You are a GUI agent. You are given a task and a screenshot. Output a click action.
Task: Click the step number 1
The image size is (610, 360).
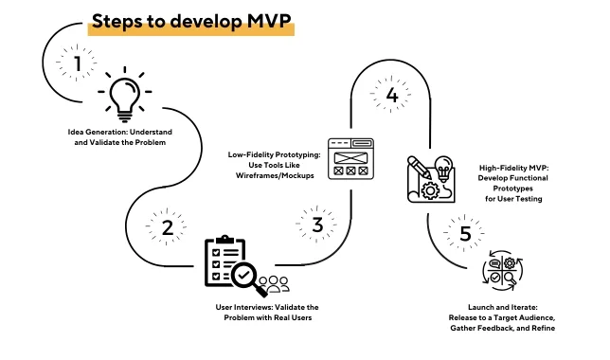(78, 63)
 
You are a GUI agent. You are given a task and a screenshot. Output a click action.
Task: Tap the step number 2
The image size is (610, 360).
(168, 227)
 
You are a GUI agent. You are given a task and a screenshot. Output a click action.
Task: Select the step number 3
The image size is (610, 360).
(317, 225)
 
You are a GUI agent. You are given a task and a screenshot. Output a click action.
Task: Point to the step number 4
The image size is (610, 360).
(392, 95)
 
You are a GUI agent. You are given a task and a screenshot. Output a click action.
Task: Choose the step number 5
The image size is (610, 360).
(466, 233)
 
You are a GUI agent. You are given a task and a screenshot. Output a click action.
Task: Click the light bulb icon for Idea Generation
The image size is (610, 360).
(124, 95)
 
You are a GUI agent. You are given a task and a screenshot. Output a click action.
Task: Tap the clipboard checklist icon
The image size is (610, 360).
(224, 261)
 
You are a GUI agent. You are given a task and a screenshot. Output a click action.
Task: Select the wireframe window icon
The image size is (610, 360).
(350, 159)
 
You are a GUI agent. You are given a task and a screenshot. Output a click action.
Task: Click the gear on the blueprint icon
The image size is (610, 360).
(430, 190)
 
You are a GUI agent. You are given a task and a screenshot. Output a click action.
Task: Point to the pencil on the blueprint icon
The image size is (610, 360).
(419, 168)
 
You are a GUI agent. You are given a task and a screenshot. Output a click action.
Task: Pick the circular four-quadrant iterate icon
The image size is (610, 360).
(503, 271)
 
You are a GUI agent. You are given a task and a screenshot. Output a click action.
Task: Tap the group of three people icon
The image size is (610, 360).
(274, 284)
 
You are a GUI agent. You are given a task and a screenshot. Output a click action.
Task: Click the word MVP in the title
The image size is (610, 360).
(268, 21)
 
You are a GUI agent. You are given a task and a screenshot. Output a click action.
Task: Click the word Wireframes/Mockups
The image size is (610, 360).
(275, 175)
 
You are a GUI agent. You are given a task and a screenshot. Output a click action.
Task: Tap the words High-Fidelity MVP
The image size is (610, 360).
(513, 168)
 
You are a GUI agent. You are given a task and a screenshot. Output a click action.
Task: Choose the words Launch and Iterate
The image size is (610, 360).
(503, 307)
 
